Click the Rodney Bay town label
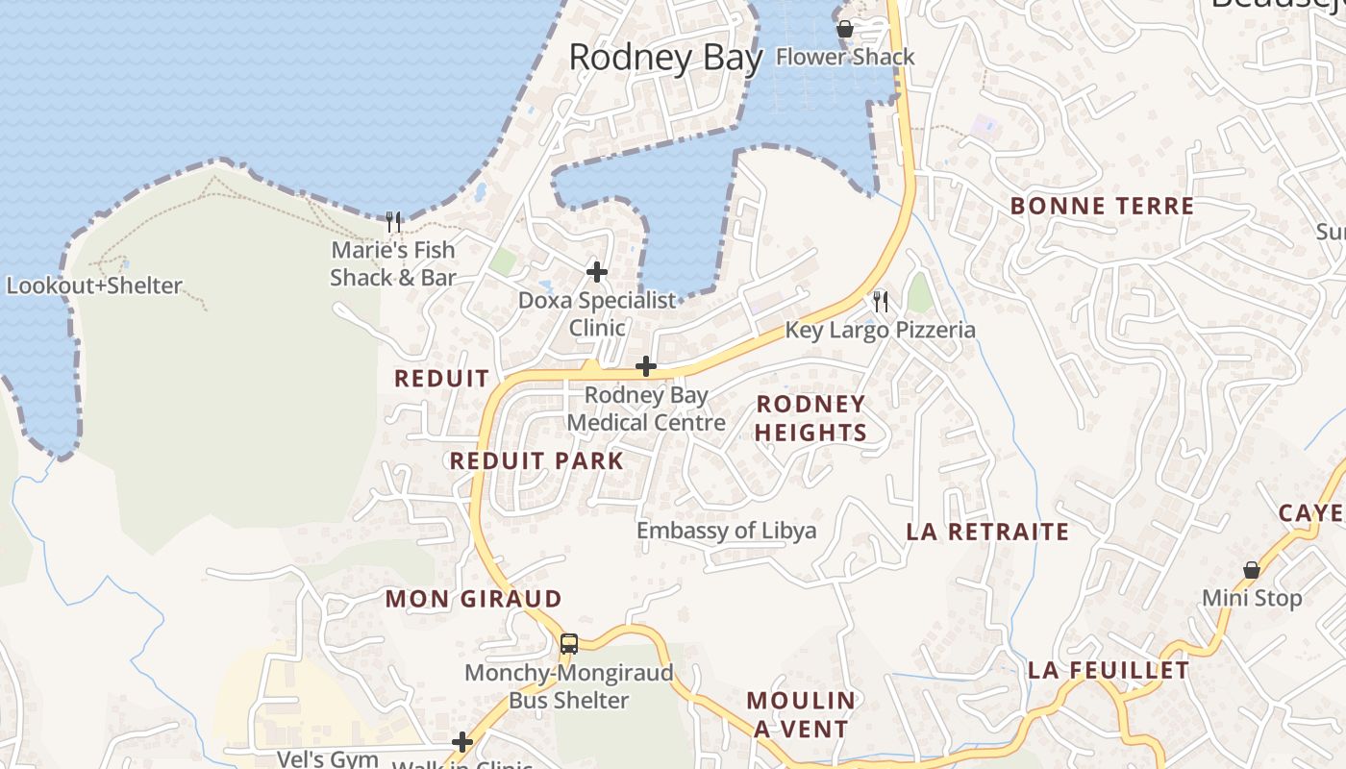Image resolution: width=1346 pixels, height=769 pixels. pyautogui.click(x=665, y=58)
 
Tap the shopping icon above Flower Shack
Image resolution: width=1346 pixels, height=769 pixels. pyautogui.click(x=845, y=30)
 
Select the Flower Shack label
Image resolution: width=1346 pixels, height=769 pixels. pyautogui.click(x=845, y=57)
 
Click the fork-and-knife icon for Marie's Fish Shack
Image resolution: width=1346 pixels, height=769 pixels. pyautogui.click(x=392, y=223)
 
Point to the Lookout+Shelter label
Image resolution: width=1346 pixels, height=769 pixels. pyautogui.click(x=94, y=285)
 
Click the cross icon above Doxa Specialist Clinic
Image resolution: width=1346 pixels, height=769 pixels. pyautogui.click(x=597, y=272)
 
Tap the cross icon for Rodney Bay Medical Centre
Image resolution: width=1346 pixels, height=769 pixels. pyautogui.click(x=646, y=366)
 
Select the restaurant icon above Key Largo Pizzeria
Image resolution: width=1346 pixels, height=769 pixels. pyautogui.click(x=880, y=302)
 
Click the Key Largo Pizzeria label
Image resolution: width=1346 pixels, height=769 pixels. pyautogui.click(x=880, y=330)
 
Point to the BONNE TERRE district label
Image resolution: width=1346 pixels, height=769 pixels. pyautogui.click(x=1102, y=206)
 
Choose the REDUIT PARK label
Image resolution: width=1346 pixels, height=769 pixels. pyautogui.click(x=536, y=460)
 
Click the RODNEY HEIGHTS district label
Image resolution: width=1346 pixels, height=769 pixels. pyautogui.click(x=810, y=418)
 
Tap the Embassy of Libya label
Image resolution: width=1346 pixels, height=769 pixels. pyautogui.click(x=726, y=531)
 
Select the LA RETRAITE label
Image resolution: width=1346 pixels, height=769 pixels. pyautogui.click(x=987, y=532)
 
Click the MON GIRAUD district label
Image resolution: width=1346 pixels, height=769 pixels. pyautogui.click(x=473, y=599)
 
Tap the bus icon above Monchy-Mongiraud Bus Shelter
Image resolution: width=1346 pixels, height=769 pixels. pyautogui.click(x=569, y=644)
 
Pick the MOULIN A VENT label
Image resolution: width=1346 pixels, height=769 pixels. pyautogui.click(x=801, y=714)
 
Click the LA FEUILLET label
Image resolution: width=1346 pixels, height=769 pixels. pyautogui.click(x=1109, y=670)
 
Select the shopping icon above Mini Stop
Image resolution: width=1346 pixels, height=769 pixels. pyautogui.click(x=1251, y=571)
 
